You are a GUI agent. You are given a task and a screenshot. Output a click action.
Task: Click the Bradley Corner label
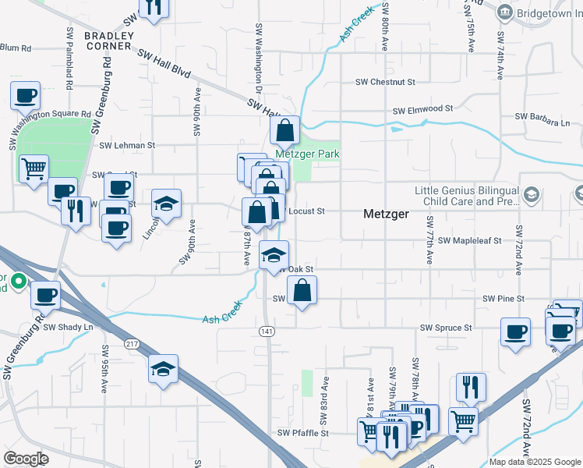[108, 41]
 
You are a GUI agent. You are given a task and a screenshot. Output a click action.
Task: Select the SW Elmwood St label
[422, 110]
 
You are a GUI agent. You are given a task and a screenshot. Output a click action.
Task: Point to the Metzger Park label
[311, 154]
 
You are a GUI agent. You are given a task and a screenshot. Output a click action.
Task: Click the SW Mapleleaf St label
[469, 241]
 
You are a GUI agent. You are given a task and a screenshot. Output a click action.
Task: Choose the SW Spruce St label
[446, 328]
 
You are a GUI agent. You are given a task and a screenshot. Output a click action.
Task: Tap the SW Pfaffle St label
[303, 433]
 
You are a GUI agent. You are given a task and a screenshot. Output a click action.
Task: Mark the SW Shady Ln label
[68, 327]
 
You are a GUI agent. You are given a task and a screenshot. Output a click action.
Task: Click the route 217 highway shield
[132, 344]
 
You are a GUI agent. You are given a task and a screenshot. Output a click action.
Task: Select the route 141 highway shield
[266, 331]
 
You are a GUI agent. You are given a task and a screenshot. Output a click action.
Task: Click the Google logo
[26, 459]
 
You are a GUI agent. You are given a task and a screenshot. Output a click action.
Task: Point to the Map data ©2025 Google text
[535, 462]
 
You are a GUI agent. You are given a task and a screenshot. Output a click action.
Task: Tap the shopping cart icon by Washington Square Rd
[34, 168]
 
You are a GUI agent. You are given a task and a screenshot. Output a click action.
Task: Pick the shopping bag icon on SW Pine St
[302, 291]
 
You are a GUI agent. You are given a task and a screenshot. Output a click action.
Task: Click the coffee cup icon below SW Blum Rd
[25, 95]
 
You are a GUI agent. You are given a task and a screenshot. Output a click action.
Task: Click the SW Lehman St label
[128, 145]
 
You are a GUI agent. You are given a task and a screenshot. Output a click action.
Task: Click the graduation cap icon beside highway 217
[164, 368]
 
